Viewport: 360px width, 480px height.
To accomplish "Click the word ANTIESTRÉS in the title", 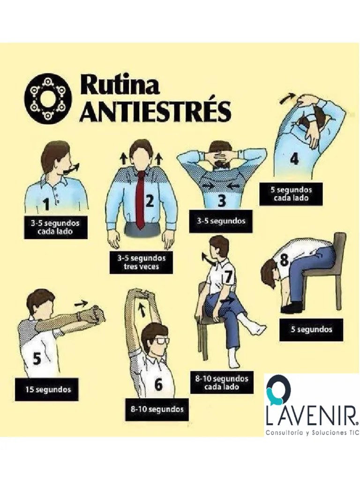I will (155, 112).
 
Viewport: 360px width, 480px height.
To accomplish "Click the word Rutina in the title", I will (120, 86).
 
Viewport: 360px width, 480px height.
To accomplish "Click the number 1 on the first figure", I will (46, 204).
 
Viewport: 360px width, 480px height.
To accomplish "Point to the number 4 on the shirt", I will (294, 159).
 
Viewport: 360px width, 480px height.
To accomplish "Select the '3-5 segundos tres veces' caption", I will (141, 262).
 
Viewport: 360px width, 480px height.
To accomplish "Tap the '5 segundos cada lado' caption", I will (291, 194).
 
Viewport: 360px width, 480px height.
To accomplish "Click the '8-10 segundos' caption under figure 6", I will (157, 409).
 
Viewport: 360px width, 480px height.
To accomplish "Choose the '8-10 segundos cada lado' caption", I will (222, 382).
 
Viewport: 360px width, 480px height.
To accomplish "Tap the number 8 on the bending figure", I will (284, 260).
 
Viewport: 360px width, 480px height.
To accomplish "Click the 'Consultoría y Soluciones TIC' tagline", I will (312, 433).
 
